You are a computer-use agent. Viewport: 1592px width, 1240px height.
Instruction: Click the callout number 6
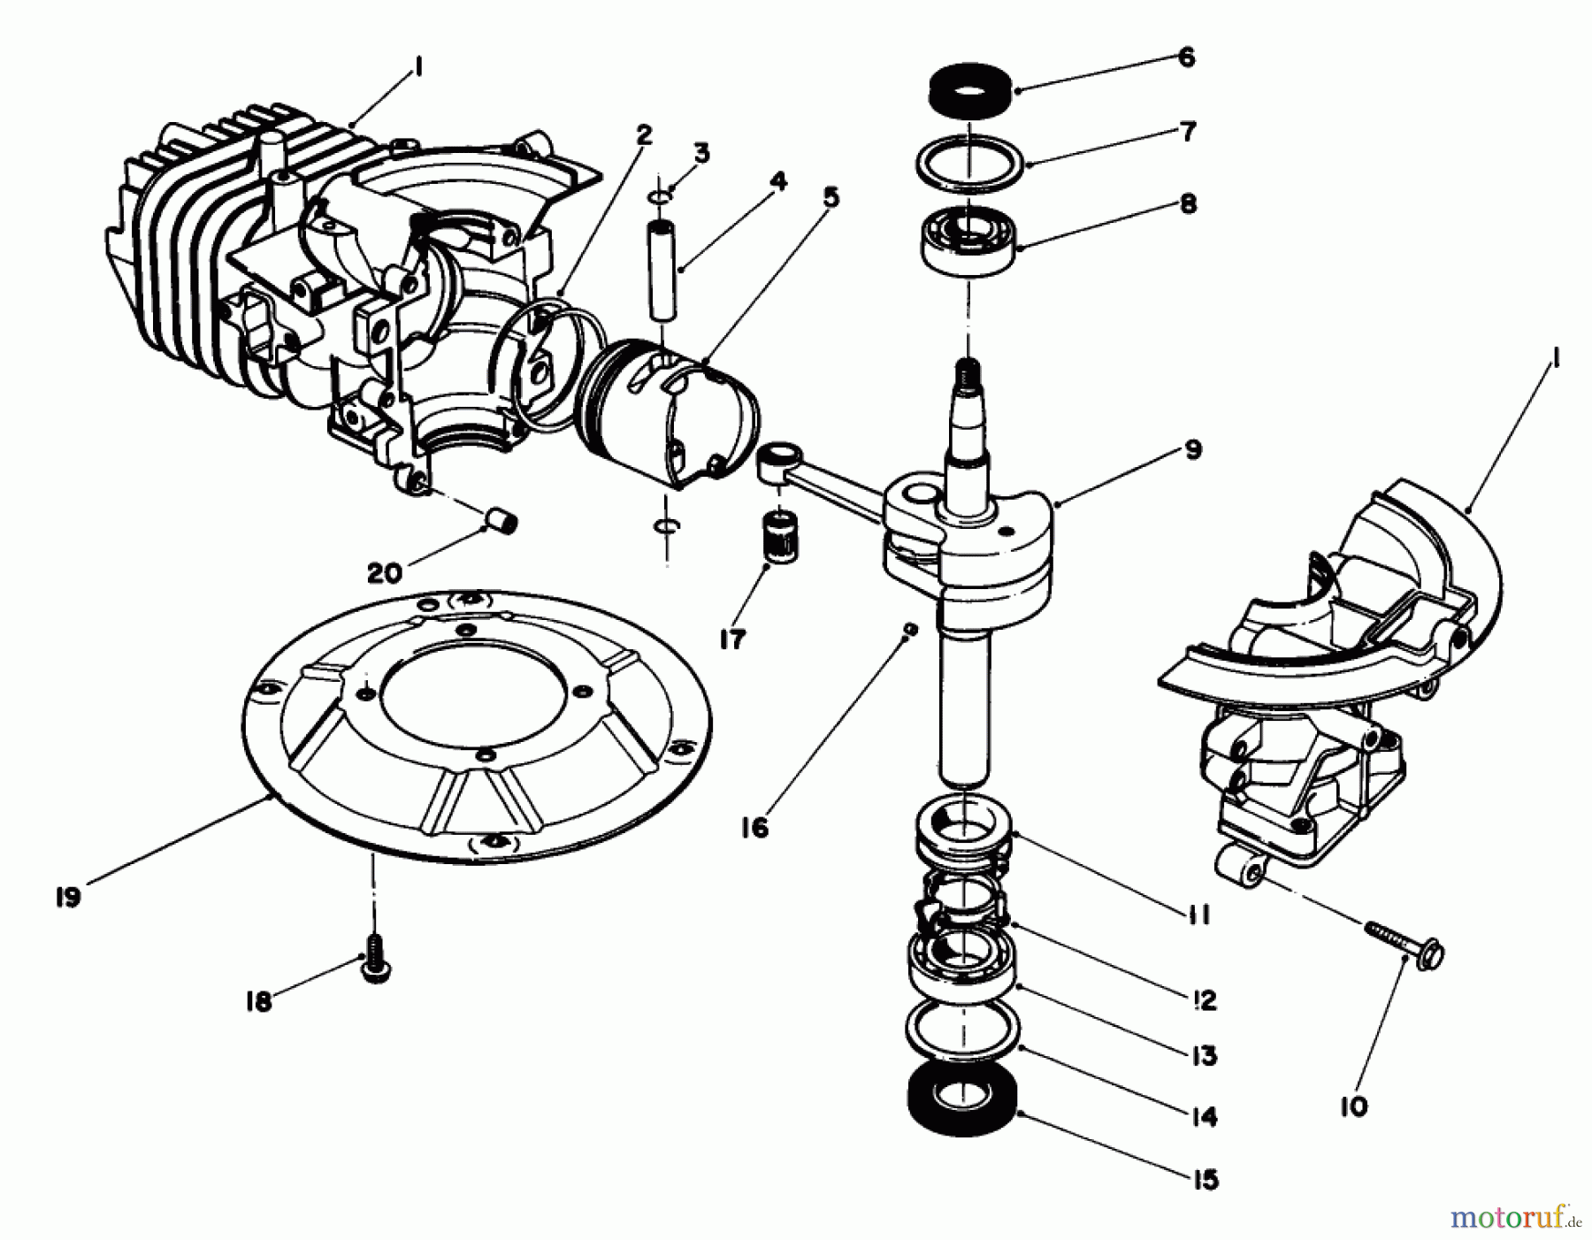[x=1186, y=57]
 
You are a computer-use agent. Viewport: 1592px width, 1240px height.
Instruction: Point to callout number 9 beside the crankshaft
[x=1193, y=449]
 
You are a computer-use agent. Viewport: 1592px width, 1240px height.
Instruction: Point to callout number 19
[x=67, y=897]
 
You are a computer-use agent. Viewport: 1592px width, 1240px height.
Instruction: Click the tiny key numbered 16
[x=907, y=629]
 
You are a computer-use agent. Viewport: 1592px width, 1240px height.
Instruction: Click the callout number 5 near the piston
[x=829, y=196]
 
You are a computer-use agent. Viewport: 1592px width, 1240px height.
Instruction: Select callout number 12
[x=1204, y=1000]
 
